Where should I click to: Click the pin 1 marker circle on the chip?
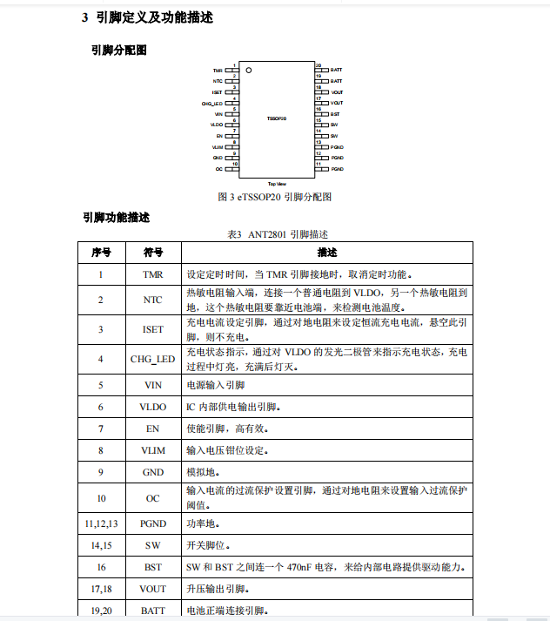pos(248,70)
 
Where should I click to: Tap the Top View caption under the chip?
pos(277,184)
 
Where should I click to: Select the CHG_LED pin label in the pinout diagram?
pos(212,103)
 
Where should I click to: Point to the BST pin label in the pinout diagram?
pos(335,114)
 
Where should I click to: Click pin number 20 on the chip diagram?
pos(319,65)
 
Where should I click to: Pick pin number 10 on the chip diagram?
pos(235,164)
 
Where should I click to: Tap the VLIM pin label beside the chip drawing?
pos(218,147)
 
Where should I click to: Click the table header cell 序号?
pos(101,253)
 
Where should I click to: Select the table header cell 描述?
pos(327,253)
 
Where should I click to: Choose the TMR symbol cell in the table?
pos(153,274)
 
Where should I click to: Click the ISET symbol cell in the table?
pos(153,329)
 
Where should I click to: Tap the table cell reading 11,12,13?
pos(101,523)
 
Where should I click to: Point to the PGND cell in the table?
pos(153,523)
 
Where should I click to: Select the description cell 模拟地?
pos(203,473)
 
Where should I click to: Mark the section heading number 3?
pos(85,17)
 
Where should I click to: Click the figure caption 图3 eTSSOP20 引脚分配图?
pos(274,197)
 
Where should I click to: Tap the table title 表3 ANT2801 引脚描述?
pos(277,234)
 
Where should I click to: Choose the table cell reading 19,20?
pos(101,611)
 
